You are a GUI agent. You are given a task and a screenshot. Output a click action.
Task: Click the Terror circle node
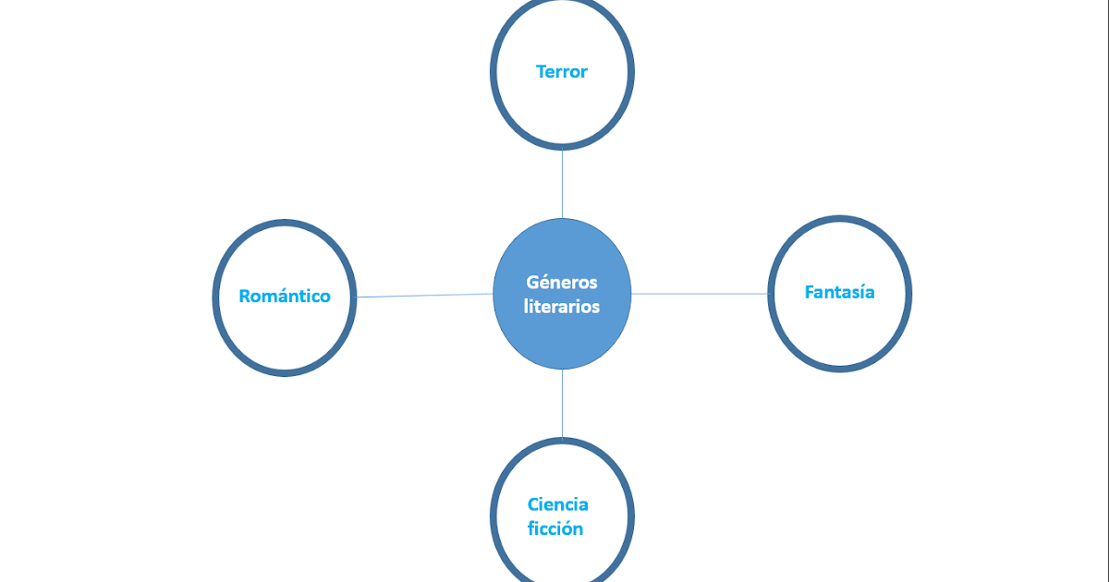562,102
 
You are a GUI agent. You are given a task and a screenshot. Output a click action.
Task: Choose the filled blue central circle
562,337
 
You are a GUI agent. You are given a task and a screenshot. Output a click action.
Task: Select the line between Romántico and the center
425,296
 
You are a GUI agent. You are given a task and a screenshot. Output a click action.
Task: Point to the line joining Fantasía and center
700,294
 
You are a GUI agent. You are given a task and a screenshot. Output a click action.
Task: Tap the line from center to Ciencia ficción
562,403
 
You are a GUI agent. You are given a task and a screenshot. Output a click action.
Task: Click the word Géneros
562,283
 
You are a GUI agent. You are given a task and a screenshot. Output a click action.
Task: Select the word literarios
562,306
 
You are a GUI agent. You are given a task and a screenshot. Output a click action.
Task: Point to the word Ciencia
558,504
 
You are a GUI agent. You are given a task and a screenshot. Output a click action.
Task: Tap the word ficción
555,529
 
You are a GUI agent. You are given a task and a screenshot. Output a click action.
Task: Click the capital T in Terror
542,71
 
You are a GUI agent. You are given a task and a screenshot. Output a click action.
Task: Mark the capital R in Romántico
245,297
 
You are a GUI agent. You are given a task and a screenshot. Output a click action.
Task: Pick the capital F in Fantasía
810,293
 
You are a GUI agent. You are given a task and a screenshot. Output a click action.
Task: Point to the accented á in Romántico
283,296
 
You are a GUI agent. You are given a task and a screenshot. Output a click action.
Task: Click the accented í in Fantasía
859,292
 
